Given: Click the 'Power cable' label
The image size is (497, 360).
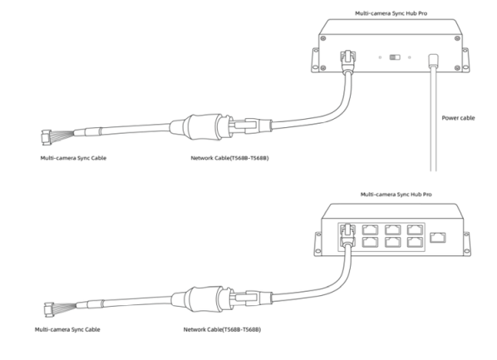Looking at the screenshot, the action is [458, 118].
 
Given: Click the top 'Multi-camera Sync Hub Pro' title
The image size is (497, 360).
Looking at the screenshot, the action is [391, 13].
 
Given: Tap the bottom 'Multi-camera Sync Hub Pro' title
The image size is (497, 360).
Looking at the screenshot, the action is [396, 195].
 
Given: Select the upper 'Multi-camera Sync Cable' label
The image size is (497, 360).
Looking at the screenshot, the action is [73, 158].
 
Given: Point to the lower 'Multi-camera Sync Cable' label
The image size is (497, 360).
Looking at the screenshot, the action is [67, 329].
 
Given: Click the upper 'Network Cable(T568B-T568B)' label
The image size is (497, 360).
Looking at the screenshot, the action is [229, 158].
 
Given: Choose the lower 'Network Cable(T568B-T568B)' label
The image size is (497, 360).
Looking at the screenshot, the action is [222, 329].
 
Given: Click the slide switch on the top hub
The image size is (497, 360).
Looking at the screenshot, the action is [395, 57].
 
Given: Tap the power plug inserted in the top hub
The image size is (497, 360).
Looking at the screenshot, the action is [433, 61].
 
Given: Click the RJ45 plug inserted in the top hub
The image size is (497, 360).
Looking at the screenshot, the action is [347, 61].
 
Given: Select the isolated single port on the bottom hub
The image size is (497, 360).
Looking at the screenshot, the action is [438, 238].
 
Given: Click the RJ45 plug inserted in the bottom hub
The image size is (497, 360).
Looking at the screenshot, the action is [347, 234].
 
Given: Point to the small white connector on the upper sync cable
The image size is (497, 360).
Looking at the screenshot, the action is [46, 137].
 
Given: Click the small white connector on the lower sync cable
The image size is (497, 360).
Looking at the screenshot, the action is [49, 309].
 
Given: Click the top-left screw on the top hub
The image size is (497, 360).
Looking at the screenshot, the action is [323, 38].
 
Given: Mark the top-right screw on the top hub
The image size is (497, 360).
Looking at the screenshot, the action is [457, 38].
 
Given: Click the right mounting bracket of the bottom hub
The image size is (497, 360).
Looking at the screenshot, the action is [467, 244].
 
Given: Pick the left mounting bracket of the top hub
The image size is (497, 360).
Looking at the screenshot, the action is [315, 60].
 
